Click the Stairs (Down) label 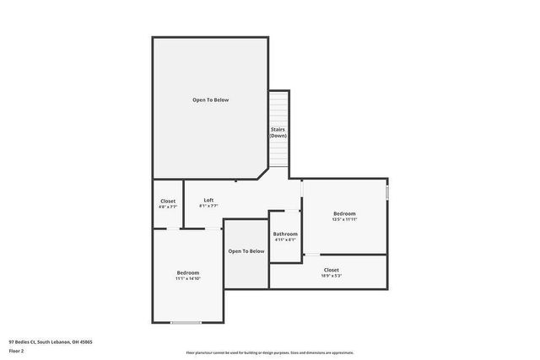point(278,132)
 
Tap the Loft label point(208,200)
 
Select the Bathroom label point(285,234)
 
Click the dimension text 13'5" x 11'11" point(343,219)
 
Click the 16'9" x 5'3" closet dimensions point(332,276)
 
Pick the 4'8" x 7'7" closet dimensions point(168,207)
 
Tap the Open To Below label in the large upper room point(210,99)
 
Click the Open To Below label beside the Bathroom point(246,250)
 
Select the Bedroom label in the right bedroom point(343,213)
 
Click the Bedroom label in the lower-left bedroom point(187,272)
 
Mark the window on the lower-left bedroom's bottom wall point(186,322)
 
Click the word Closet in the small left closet point(168,201)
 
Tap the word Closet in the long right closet point(332,270)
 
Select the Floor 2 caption point(16,350)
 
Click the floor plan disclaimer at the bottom point(269,352)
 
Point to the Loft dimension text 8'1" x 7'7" point(208,206)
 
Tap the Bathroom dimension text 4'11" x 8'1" point(285,239)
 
